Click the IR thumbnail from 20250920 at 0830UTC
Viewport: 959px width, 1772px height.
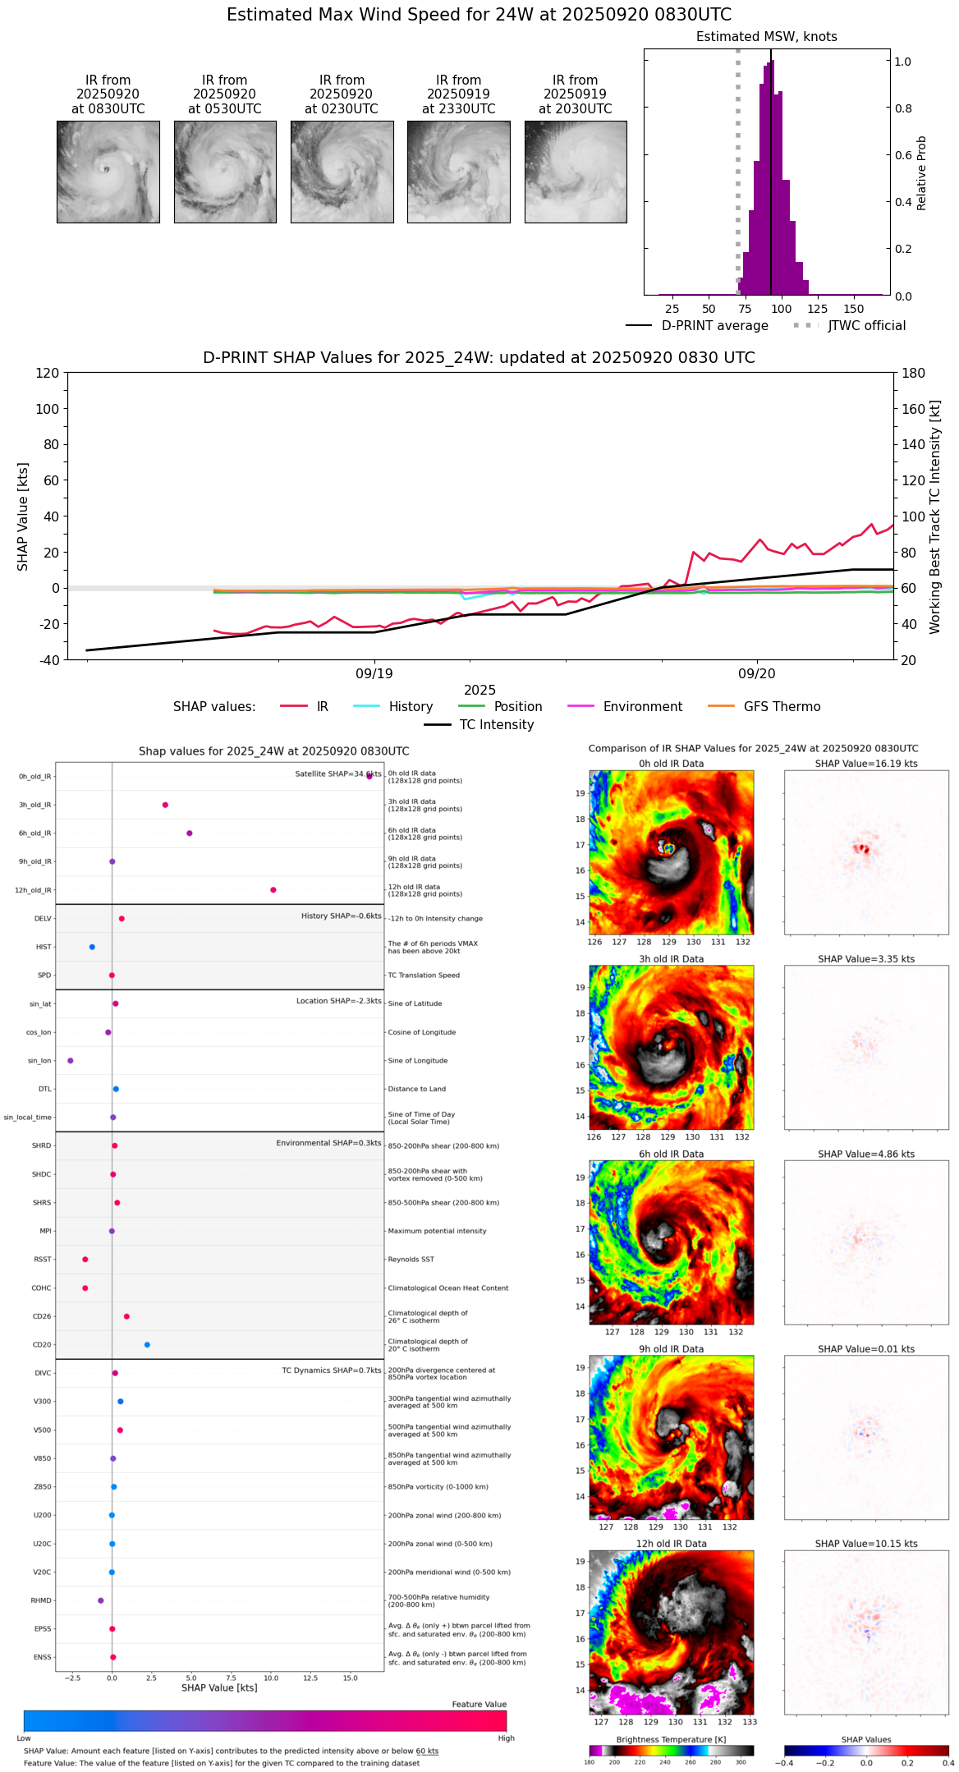point(108,172)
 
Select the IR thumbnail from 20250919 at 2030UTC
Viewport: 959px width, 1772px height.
point(576,172)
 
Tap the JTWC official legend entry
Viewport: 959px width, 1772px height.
point(866,326)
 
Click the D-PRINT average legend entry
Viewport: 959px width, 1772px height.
point(714,326)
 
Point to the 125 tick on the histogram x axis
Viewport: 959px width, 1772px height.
point(818,309)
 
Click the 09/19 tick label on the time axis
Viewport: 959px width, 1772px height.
point(374,673)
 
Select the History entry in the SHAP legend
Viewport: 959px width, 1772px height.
point(411,707)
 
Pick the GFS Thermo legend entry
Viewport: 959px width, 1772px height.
point(782,707)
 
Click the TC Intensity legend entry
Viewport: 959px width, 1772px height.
point(496,725)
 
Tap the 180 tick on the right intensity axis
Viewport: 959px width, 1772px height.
point(914,373)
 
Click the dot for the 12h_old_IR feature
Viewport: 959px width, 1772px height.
point(273,890)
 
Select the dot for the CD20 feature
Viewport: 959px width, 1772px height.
point(147,1345)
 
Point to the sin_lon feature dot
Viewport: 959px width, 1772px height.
point(71,1061)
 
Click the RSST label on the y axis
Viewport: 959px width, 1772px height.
point(42,1260)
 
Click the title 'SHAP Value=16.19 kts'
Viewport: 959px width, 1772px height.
point(866,764)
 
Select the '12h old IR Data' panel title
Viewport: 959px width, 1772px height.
point(671,1544)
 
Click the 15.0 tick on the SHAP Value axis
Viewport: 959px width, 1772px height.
point(351,1678)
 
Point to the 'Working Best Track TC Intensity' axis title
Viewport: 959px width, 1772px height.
point(935,517)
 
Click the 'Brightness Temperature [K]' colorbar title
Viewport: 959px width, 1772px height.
point(671,1739)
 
